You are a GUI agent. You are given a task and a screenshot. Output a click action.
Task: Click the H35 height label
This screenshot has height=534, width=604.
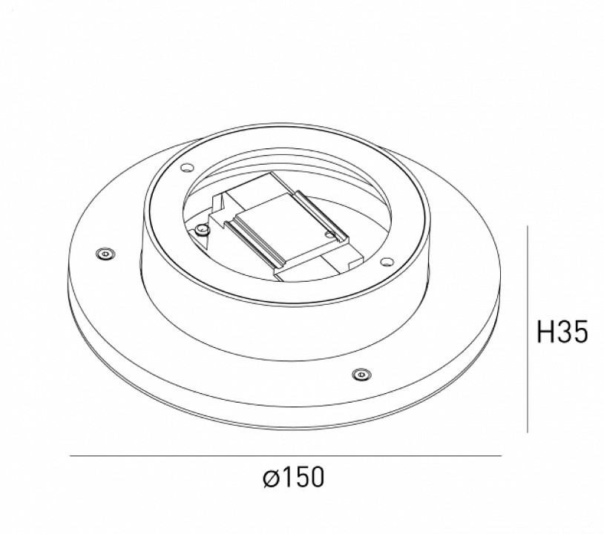coord(562,333)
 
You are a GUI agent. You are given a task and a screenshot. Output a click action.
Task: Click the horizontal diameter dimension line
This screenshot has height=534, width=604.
coord(286,455)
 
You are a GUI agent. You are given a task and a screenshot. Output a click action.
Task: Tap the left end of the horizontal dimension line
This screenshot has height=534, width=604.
coord(71,455)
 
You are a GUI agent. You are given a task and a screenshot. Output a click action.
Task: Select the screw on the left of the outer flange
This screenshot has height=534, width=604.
coord(104,254)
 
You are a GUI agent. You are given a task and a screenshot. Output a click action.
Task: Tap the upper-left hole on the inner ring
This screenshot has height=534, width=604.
coord(186,167)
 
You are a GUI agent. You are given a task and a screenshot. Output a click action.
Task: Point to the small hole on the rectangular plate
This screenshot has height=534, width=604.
coord(329,235)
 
